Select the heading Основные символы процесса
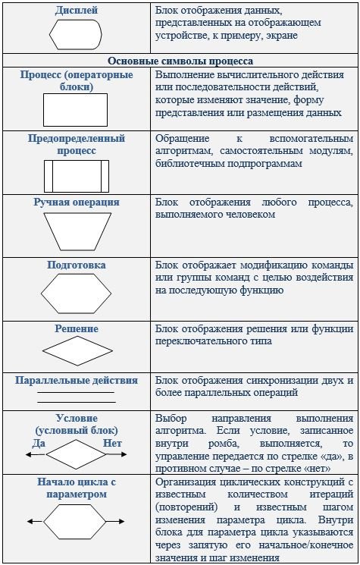(x=180, y=61)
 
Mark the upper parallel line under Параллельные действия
(x=76, y=392)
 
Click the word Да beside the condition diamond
(x=39, y=443)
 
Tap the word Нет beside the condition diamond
(x=113, y=443)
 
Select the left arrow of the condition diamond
(x=36, y=455)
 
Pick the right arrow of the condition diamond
(x=117, y=454)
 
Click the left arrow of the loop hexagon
(x=36, y=522)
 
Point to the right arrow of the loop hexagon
(x=115, y=522)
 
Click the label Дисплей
(x=77, y=11)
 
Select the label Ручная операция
(x=77, y=202)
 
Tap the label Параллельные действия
(x=77, y=381)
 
